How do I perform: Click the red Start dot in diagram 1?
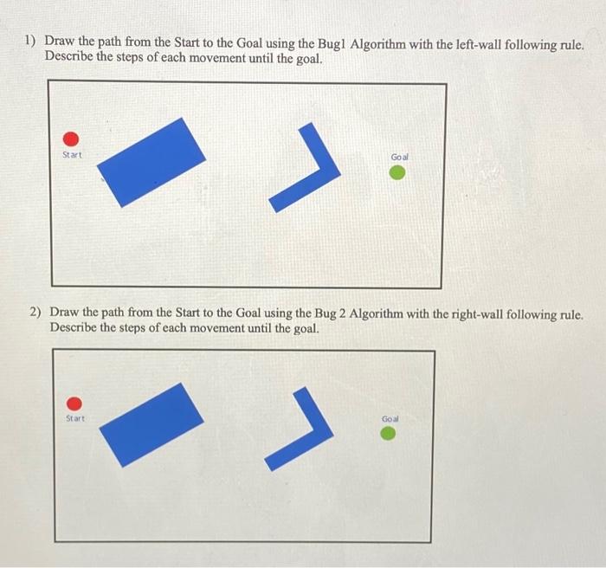pos(72,139)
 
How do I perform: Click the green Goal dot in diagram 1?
pos(396,173)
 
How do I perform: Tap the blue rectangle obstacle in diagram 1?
pos(151,162)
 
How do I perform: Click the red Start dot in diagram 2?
pos(75,403)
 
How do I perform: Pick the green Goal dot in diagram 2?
pos(390,433)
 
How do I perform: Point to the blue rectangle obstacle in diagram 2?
pos(151,424)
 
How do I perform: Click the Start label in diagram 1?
pos(72,155)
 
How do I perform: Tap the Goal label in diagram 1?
pos(399,157)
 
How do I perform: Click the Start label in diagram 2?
pos(75,419)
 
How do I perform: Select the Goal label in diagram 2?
pos(390,419)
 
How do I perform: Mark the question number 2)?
pos(36,312)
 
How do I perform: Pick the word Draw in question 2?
pos(66,312)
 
